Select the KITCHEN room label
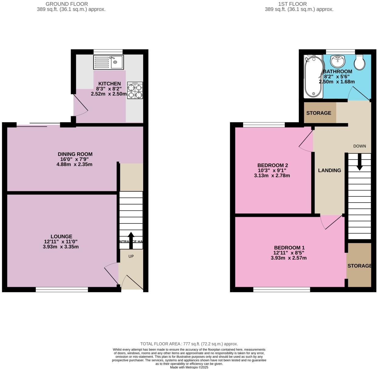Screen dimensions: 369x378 click(x=109, y=84)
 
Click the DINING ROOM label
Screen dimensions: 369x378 click(x=75, y=154)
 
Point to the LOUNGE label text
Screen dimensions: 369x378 click(x=61, y=236)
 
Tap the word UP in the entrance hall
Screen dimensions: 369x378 click(x=131, y=256)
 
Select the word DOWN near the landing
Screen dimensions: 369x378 click(x=359, y=146)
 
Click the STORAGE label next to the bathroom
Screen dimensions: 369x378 click(x=318, y=113)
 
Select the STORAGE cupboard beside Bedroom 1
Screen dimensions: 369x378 click(x=359, y=266)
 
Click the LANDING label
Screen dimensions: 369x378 click(x=329, y=170)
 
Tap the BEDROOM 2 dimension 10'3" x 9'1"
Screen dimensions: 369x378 click(x=272, y=170)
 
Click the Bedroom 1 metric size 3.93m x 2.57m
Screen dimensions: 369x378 click(x=288, y=258)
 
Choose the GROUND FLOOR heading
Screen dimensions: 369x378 click(x=67, y=4)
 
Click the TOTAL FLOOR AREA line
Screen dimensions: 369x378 click(x=189, y=344)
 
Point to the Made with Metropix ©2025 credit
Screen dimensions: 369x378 click(x=189, y=367)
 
